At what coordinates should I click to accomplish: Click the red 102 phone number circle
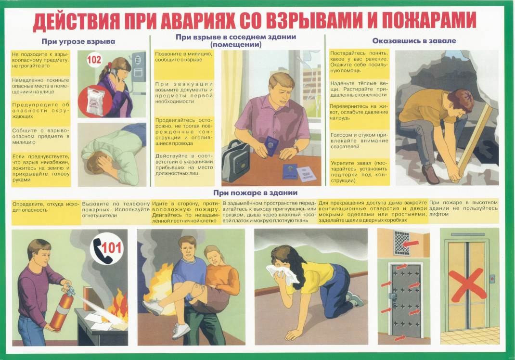point(94,60)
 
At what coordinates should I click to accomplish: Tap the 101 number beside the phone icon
point(112,248)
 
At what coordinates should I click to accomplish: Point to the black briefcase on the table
point(236,161)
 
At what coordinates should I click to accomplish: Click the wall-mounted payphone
point(139,67)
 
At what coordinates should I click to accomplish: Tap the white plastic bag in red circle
point(96,101)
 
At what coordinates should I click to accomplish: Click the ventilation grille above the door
point(402,243)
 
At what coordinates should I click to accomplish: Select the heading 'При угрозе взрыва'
point(78,41)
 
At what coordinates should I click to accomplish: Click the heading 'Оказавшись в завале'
point(414,41)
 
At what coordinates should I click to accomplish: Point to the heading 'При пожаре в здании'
point(255,193)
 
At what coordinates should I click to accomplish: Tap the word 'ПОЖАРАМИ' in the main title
point(429,20)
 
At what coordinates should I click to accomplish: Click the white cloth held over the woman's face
point(282,274)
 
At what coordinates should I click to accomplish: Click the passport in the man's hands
point(271,145)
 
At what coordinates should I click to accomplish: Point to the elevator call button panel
point(492,279)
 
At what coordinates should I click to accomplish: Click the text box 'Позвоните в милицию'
point(184,64)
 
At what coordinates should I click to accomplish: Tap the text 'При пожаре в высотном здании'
point(463,208)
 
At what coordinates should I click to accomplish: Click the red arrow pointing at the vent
point(411,244)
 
